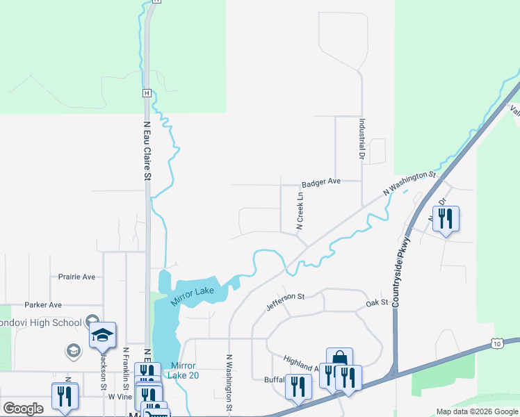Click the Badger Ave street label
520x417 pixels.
[x=320, y=182]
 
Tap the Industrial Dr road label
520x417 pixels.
[x=362, y=138]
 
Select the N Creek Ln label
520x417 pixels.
[x=300, y=211]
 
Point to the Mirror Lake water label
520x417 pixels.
[x=193, y=295]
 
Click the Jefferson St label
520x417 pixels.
[x=286, y=302]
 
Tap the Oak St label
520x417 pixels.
[x=376, y=304]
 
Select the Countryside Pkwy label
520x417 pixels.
[x=401, y=272]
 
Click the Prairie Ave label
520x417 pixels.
[x=76, y=277]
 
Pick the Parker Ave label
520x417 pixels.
[x=43, y=304]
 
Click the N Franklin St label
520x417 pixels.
[x=126, y=368]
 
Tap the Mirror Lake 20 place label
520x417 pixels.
[x=185, y=370]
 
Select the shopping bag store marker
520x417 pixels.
[x=339, y=359]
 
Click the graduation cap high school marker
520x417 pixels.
[x=102, y=335]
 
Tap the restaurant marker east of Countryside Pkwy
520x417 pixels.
[x=445, y=219]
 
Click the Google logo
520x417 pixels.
[x=23, y=409]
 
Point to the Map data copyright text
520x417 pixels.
[x=477, y=411]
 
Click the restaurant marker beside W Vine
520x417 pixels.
[x=65, y=395]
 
